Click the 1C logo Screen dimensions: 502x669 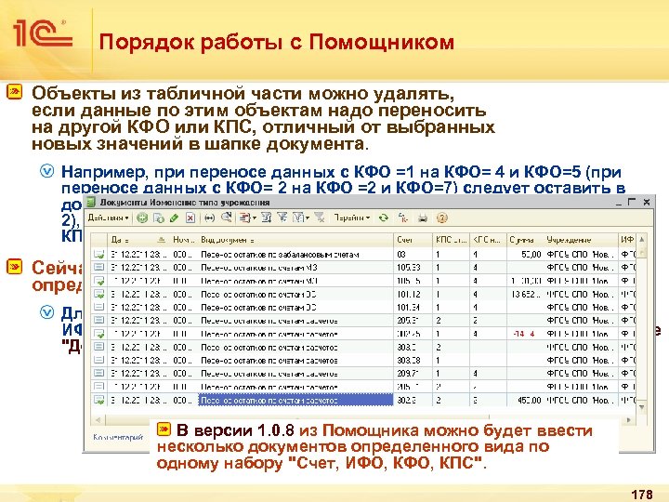coord(45,34)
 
